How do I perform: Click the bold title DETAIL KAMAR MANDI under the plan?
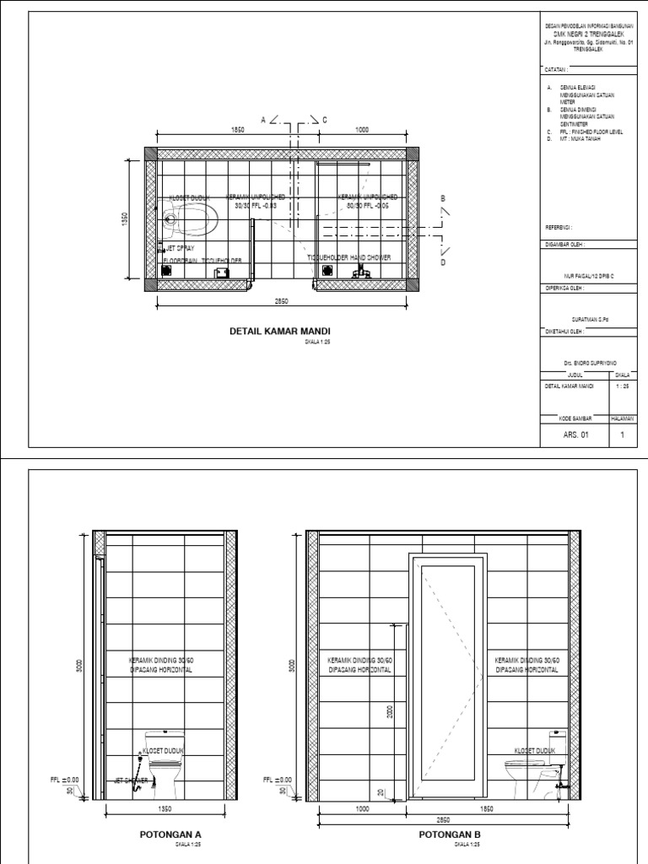tap(280, 332)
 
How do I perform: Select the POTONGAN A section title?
tap(170, 834)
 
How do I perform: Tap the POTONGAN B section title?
tap(449, 834)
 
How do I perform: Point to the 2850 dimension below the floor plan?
tap(282, 301)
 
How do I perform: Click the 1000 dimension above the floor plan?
tap(362, 130)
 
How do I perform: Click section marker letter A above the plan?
tap(263, 121)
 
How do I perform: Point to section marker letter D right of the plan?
tap(440, 262)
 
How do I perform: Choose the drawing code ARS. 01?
tap(560, 436)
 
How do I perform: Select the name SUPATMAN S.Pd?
tap(587, 320)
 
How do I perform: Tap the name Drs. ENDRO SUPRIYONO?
tap(588, 360)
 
